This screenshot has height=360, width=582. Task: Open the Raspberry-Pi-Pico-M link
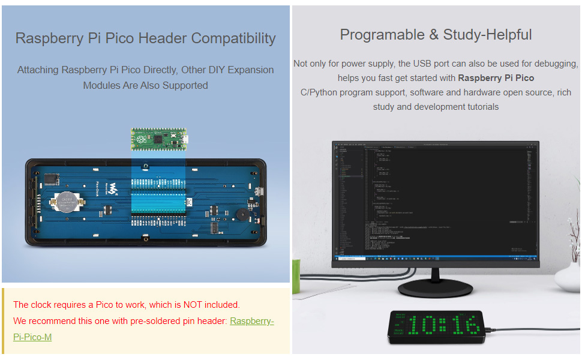click(x=251, y=322)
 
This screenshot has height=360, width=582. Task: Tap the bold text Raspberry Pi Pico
click(x=496, y=78)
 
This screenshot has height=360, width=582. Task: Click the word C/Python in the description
click(x=320, y=92)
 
